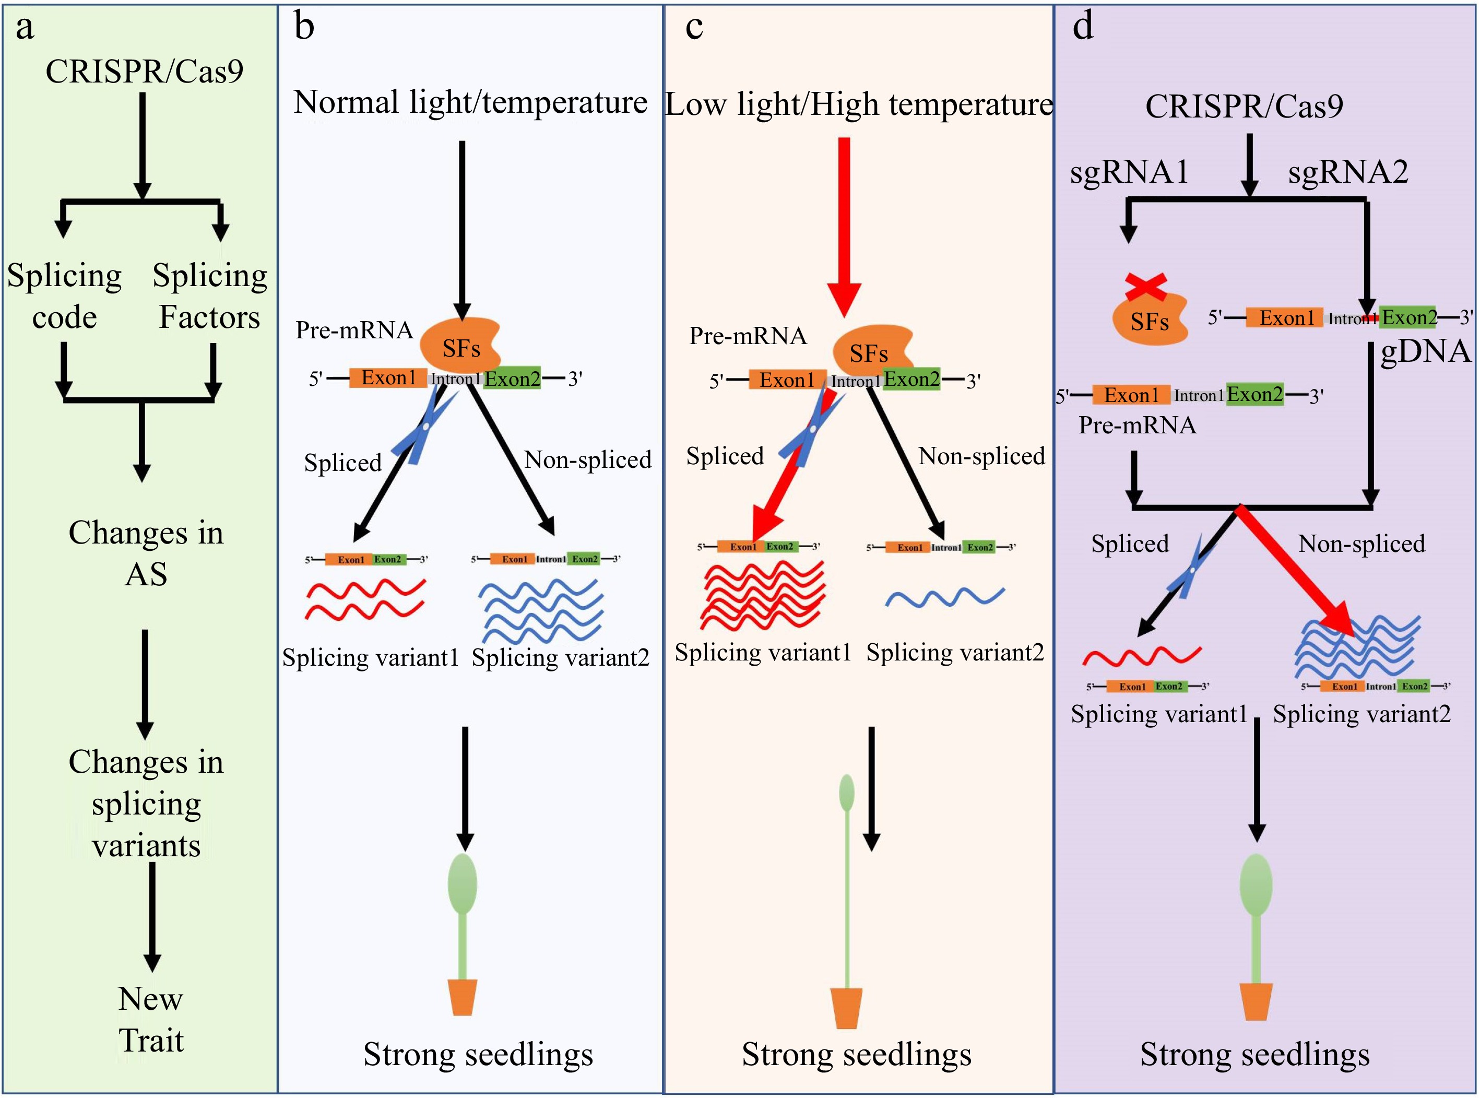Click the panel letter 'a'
25,28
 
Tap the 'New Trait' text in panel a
151,1019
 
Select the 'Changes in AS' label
146,553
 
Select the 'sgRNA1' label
1129,172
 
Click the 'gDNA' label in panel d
1426,351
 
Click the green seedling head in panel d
1256,884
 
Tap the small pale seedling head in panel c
847,793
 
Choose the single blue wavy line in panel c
944,597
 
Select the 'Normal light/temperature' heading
470,102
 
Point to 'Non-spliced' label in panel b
587,459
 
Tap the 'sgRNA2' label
1348,172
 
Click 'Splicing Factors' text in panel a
209,296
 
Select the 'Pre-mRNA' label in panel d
1137,424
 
